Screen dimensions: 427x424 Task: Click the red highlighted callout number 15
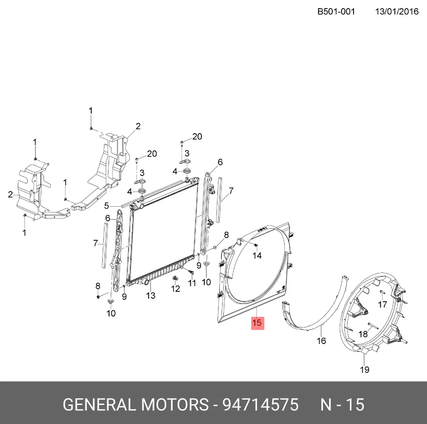(258, 323)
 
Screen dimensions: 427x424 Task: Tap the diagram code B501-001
(336, 12)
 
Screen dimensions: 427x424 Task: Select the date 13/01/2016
(397, 12)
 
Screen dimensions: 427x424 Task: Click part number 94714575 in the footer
(261, 404)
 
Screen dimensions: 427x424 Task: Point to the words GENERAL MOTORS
(136, 404)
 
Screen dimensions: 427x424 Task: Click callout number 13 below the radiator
(151, 296)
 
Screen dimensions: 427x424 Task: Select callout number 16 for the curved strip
(321, 341)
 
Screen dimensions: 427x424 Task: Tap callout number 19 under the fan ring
(365, 370)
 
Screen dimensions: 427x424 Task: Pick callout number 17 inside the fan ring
(383, 304)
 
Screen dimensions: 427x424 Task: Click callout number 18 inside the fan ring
(363, 334)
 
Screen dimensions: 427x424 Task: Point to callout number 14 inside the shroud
(257, 256)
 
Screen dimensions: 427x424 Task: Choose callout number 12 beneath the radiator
(176, 288)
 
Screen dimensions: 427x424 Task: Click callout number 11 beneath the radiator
(192, 283)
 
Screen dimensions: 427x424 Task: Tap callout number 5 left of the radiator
(106, 206)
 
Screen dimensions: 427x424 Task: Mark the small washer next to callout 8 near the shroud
(214, 248)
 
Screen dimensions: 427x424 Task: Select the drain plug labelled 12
(175, 278)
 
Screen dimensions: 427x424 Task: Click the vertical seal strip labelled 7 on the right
(219, 200)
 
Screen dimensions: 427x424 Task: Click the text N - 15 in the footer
(342, 404)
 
